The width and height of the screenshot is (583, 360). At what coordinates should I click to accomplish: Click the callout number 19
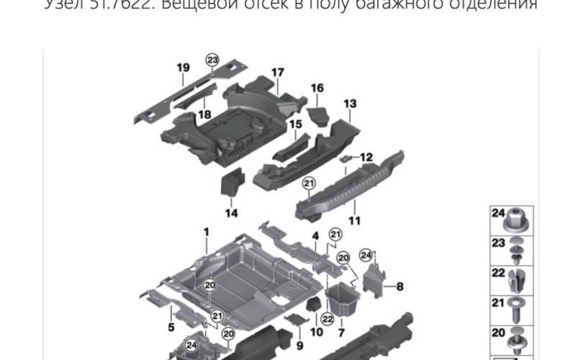(x=183, y=68)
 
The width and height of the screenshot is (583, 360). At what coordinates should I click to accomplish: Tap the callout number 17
(x=278, y=72)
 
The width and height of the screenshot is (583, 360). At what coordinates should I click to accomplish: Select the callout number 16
(x=317, y=89)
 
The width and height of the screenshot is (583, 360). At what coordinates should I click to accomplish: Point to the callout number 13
(x=350, y=104)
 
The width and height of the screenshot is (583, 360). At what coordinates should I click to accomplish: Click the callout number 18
(x=204, y=114)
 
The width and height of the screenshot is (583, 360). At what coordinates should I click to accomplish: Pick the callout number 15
(x=295, y=125)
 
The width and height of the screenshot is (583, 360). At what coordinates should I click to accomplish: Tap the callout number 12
(x=367, y=157)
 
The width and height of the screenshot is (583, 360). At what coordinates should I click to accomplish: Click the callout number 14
(x=230, y=213)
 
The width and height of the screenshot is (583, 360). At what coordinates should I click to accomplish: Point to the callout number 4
(x=315, y=235)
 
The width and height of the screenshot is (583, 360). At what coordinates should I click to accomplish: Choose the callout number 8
(x=400, y=286)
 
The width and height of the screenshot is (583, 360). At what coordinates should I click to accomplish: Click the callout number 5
(x=171, y=328)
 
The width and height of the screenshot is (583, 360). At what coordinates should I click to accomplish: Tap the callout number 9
(x=299, y=345)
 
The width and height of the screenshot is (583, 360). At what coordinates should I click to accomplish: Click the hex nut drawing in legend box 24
(x=518, y=217)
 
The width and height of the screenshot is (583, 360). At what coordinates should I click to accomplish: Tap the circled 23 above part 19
(x=212, y=60)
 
